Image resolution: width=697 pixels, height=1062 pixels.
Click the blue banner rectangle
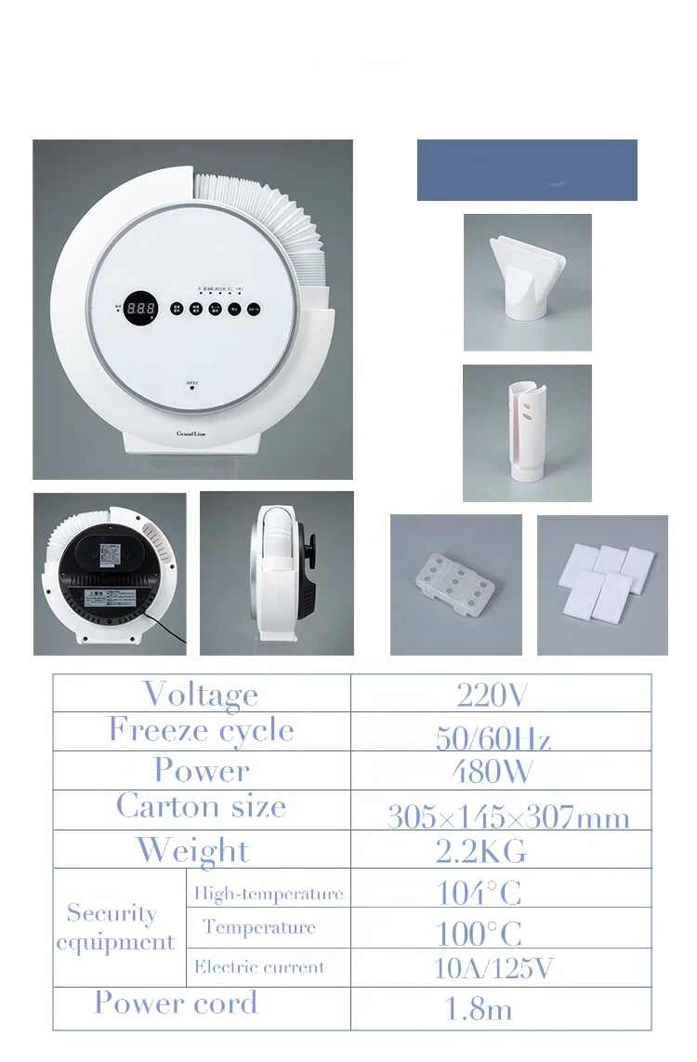(527, 170)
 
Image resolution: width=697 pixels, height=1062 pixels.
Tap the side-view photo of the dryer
(277, 573)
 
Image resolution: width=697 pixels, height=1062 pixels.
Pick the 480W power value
(492, 771)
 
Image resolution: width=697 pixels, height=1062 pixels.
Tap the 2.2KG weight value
(481, 850)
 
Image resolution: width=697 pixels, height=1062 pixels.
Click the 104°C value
(479, 893)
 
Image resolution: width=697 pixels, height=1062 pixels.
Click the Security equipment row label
(114, 927)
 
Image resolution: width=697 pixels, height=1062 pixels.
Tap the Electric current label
(260, 967)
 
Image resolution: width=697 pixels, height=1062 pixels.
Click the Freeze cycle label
(201, 730)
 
